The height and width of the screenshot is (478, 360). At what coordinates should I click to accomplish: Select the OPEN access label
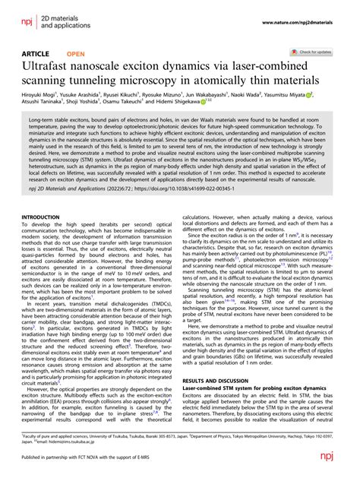click(x=76, y=54)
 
